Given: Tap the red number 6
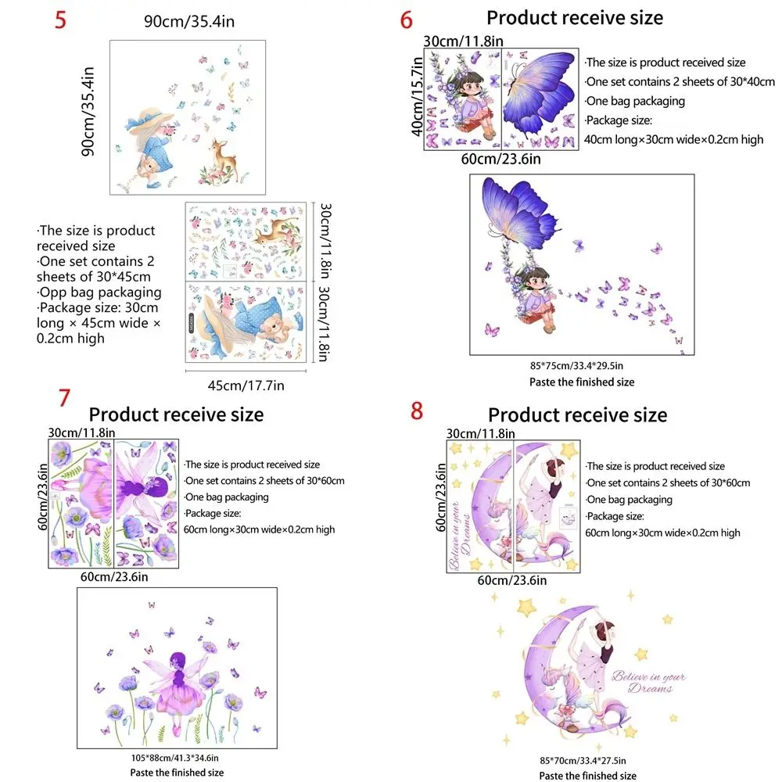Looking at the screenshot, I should click(x=406, y=20).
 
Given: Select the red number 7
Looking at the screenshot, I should click(x=64, y=397).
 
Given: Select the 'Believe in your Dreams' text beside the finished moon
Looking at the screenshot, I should click(x=648, y=682).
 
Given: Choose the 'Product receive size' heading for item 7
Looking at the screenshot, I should click(x=176, y=414).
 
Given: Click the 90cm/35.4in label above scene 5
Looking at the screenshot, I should click(x=189, y=21).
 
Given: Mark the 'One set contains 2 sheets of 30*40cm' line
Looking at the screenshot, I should click(x=680, y=81).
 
